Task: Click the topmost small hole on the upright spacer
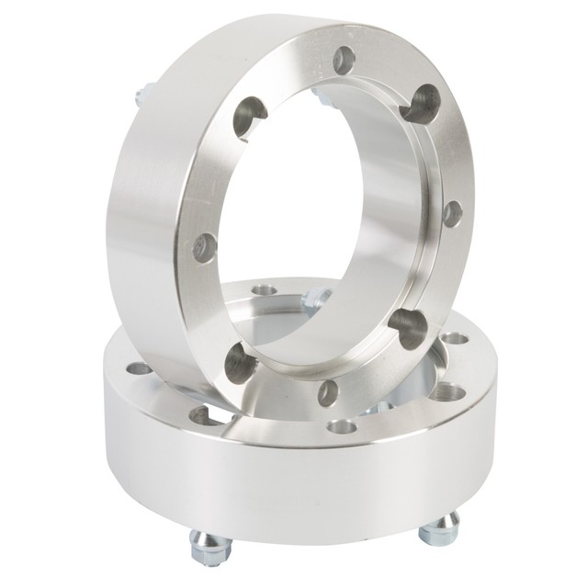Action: [344, 61]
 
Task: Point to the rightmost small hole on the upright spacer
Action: [452, 214]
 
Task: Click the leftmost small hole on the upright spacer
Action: [205, 247]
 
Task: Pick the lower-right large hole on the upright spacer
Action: [408, 326]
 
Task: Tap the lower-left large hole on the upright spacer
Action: [241, 364]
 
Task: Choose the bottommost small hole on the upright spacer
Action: [328, 392]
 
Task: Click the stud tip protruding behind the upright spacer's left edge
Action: [141, 94]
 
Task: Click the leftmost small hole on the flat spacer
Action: [140, 368]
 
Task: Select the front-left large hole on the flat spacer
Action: [204, 415]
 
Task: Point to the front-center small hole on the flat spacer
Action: [342, 426]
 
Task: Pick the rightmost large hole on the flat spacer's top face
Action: [447, 392]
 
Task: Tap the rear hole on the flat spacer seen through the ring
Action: [265, 290]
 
